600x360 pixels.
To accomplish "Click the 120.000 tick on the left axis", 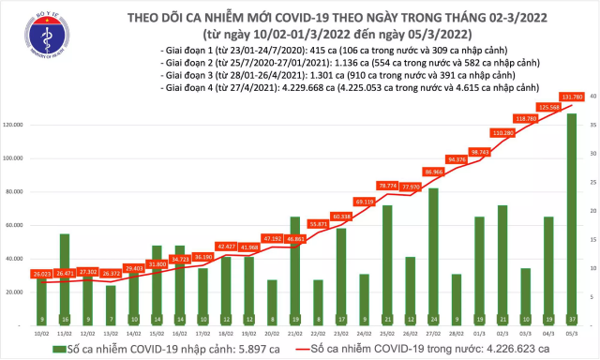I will (17, 125).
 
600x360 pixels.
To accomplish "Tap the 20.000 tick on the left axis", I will (17, 292).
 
